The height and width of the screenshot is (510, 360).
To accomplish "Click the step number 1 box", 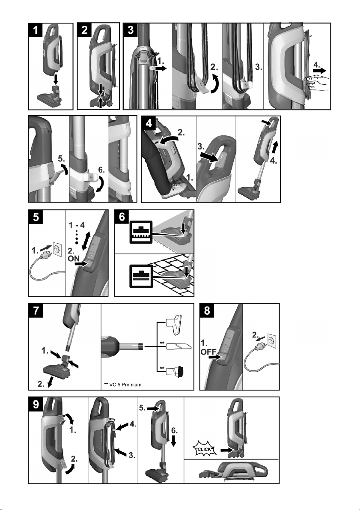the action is [36, 30].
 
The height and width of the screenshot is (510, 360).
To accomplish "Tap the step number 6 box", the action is [122, 217].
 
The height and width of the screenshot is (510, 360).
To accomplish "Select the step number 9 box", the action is [36, 404].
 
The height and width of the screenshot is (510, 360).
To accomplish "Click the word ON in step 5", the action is [74, 259].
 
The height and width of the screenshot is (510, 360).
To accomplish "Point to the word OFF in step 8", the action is [208, 352].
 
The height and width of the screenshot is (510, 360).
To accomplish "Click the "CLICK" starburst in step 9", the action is [205, 449].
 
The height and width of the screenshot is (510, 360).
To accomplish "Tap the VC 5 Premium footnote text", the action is [123, 385].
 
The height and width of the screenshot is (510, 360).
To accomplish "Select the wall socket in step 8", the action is [271, 340].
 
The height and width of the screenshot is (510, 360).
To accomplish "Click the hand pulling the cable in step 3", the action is [317, 82].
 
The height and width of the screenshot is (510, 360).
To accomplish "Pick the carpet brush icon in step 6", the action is [141, 232].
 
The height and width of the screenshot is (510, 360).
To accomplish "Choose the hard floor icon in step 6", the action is [141, 276].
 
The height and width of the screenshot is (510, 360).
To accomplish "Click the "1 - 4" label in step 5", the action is [77, 225].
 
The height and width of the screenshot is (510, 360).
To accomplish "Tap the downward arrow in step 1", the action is [56, 78].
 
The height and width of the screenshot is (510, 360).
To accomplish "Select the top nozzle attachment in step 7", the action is [174, 324].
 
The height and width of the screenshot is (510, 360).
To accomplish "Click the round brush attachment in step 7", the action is [175, 370].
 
